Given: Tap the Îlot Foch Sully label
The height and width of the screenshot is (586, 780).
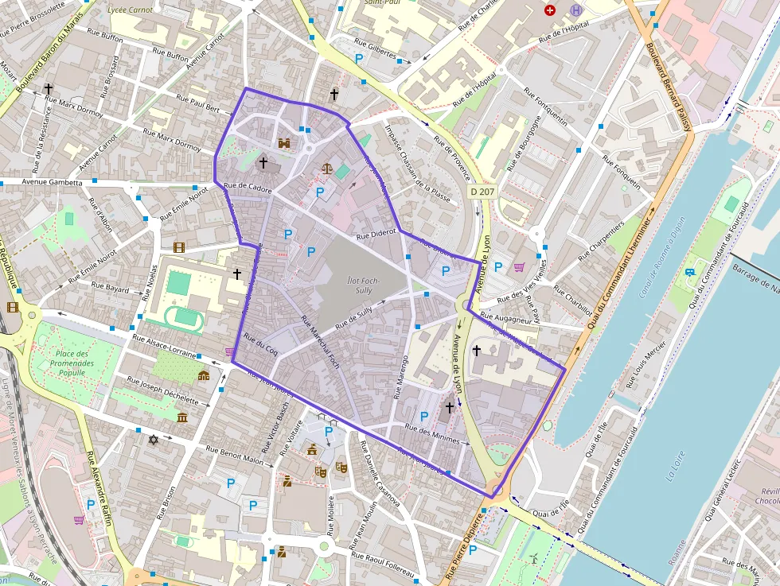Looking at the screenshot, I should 363,285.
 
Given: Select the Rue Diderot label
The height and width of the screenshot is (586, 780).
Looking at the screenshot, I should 376,235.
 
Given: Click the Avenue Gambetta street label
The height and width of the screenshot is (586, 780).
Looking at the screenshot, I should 41,182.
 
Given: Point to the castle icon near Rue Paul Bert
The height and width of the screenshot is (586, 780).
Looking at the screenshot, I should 284,143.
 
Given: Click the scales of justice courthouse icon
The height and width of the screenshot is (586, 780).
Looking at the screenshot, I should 326,168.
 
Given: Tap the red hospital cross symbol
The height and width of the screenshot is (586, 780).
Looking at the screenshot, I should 549,10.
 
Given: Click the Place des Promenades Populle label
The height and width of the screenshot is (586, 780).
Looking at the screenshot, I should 72,363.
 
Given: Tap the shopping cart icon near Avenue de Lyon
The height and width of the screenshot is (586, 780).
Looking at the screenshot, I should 520,267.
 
